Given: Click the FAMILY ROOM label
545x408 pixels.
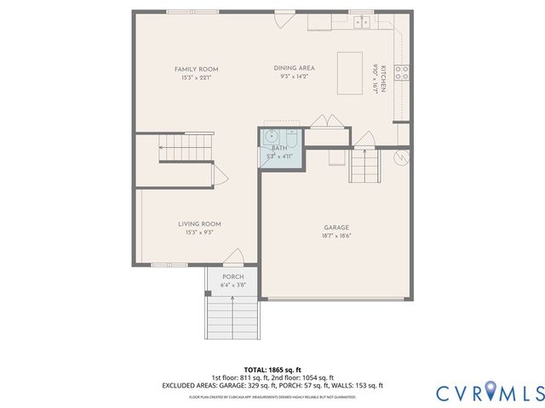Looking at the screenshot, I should tap(196, 69).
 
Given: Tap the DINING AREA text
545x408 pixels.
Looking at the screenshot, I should tap(294, 68).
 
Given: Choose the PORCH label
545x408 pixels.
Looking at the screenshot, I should tap(232, 277).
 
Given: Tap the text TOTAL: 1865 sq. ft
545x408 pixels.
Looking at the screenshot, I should tap(272, 370).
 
